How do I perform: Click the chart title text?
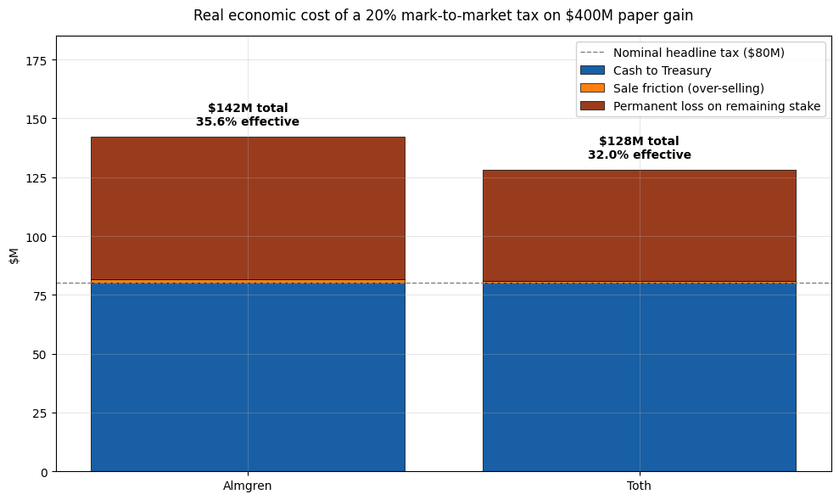443,15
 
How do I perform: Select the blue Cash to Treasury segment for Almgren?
248,377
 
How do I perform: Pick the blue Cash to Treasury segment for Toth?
640,377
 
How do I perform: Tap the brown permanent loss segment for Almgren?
248,208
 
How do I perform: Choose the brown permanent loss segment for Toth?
640,226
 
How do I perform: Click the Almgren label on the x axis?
247,486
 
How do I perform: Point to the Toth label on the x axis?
639,486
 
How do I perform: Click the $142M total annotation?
248,108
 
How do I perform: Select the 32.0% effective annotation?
640,154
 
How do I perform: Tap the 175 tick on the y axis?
36,60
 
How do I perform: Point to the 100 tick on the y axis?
36,237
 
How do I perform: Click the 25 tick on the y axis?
40,413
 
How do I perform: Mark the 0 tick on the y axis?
44,472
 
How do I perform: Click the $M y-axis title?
14,256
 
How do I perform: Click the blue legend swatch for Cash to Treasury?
592,70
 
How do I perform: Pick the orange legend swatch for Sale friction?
592,88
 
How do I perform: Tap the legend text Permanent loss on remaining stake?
717,106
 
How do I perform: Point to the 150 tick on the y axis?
36,119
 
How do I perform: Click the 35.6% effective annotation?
248,122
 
